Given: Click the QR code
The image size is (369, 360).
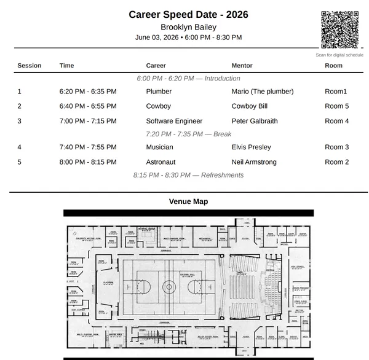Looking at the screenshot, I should [339, 29].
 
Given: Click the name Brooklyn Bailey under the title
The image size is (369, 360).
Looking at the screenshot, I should [188, 27].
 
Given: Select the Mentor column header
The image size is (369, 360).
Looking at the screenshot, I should [242, 66].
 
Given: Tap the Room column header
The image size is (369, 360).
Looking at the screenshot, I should [333, 66].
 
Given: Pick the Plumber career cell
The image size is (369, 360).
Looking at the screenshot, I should [159, 92].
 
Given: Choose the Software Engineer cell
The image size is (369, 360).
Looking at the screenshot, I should [174, 121].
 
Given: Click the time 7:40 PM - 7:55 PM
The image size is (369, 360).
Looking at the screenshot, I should [88, 147].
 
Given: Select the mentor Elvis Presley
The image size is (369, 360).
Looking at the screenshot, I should [251, 147].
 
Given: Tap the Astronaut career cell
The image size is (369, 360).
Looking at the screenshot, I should [161, 162].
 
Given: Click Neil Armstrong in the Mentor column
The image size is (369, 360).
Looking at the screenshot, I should [254, 162].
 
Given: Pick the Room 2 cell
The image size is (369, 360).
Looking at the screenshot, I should [336, 162].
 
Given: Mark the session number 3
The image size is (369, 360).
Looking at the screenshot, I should [19, 121].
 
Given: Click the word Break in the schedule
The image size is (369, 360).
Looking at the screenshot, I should [222, 134].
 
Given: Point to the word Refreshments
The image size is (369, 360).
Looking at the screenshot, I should [222, 175].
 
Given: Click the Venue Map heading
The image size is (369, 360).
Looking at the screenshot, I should [188, 202].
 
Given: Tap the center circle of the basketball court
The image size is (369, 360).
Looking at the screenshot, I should [169, 286].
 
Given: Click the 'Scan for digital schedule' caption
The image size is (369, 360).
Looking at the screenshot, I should [339, 55].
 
